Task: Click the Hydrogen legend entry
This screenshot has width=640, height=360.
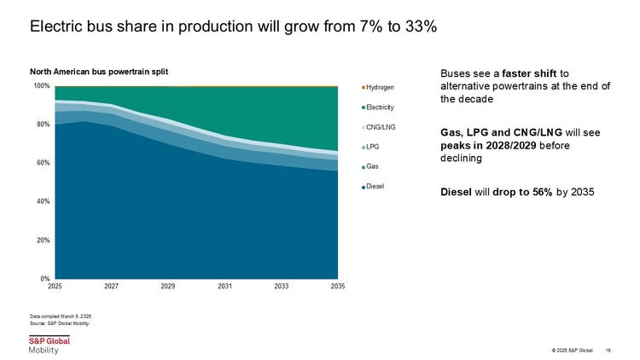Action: pyautogui.click(x=378, y=87)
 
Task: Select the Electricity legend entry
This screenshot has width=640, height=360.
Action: pyautogui.click(x=378, y=107)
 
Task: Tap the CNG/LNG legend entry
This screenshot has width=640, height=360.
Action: pyautogui.click(x=379, y=127)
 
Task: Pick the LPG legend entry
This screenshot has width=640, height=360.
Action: pyautogui.click(x=370, y=147)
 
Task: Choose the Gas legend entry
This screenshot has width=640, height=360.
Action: pyautogui.click(x=370, y=166)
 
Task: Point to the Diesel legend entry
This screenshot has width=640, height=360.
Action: pyautogui.click(x=373, y=186)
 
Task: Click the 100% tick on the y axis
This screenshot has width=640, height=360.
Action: pyautogui.click(x=42, y=85)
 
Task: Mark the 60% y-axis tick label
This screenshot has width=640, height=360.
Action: pyautogui.click(x=44, y=163)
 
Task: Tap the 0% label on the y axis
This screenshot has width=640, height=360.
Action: pyautogui.click(x=45, y=279)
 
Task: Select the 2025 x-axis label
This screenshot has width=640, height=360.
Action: pyautogui.click(x=55, y=286)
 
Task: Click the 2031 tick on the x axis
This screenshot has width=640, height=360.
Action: pyautogui.click(x=225, y=286)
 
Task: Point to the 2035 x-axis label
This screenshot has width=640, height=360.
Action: pyautogui.click(x=338, y=286)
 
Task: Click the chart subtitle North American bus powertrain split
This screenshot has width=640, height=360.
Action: pyautogui.click(x=99, y=72)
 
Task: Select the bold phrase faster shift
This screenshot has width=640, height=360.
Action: pyautogui.click(x=529, y=73)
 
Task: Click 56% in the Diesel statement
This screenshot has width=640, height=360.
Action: pyautogui.click(x=543, y=192)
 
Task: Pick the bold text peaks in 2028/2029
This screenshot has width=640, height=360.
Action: pyautogui.click(x=488, y=145)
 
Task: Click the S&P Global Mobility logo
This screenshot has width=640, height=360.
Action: pyautogui.click(x=49, y=345)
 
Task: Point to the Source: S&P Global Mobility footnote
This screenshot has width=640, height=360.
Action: pyautogui.click(x=60, y=323)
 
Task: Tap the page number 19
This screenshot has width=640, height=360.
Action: pyautogui.click(x=608, y=351)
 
